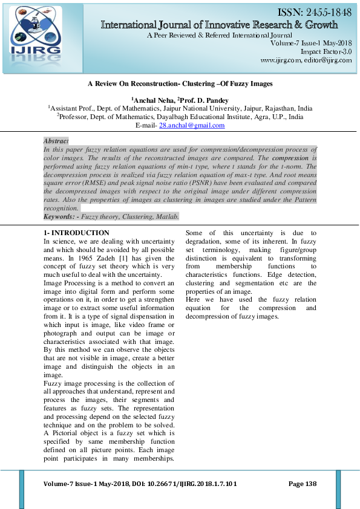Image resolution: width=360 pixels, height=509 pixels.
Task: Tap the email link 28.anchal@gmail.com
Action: point(191,125)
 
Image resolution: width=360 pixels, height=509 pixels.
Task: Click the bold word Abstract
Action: point(56,140)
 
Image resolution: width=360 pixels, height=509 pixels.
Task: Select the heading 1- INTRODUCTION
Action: point(76,233)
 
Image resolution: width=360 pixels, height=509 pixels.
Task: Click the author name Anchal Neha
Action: point(152,100)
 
